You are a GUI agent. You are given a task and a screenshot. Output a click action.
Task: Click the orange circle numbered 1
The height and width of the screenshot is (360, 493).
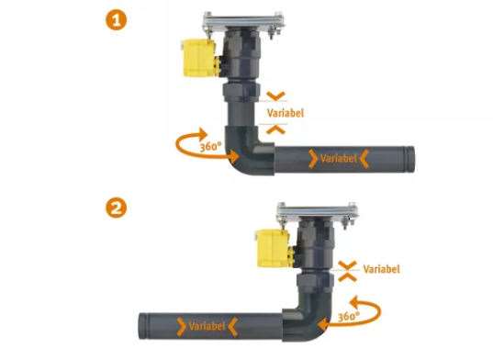[116, 20]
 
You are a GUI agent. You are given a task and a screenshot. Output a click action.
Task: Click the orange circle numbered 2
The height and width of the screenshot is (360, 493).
[116, 208]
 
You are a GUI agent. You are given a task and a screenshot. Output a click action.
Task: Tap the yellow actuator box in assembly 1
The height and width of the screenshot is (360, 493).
[198, 58]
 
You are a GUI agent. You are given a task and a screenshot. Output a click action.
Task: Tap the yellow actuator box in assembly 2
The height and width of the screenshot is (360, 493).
[273, 248]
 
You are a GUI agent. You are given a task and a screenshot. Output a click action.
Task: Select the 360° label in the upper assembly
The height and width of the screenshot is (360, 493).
[210, 146]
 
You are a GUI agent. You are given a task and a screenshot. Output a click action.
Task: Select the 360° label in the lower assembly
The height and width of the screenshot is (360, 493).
[348, 316]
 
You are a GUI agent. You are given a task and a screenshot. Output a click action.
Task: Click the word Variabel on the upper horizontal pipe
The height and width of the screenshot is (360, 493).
[339, 158]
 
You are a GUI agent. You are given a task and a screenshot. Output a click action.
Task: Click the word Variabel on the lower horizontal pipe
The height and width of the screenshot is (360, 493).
[207, 326]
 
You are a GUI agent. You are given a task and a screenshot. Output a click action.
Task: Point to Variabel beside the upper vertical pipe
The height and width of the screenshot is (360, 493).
[286, 113]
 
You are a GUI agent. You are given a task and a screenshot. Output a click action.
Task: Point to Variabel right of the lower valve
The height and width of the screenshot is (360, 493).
[381, 269]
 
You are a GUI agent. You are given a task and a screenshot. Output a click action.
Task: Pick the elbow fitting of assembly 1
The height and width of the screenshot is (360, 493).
[249, 151]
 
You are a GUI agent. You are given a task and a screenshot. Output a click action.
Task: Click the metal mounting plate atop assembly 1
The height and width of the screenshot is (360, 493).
[243, 21]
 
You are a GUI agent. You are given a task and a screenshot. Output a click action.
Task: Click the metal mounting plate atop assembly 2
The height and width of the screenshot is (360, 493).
[318, 211]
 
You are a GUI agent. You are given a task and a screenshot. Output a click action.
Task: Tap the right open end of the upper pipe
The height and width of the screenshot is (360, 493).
[410, 159]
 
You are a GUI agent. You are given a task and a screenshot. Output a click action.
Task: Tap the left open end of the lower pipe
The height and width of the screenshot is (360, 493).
[143, 326]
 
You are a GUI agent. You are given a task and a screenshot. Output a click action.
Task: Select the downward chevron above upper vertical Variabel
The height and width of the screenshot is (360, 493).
[275, 96]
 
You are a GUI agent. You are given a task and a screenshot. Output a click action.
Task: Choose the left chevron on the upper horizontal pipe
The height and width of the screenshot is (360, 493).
[313, 159]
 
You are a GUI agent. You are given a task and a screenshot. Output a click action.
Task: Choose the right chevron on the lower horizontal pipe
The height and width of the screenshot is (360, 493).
[232, 327]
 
